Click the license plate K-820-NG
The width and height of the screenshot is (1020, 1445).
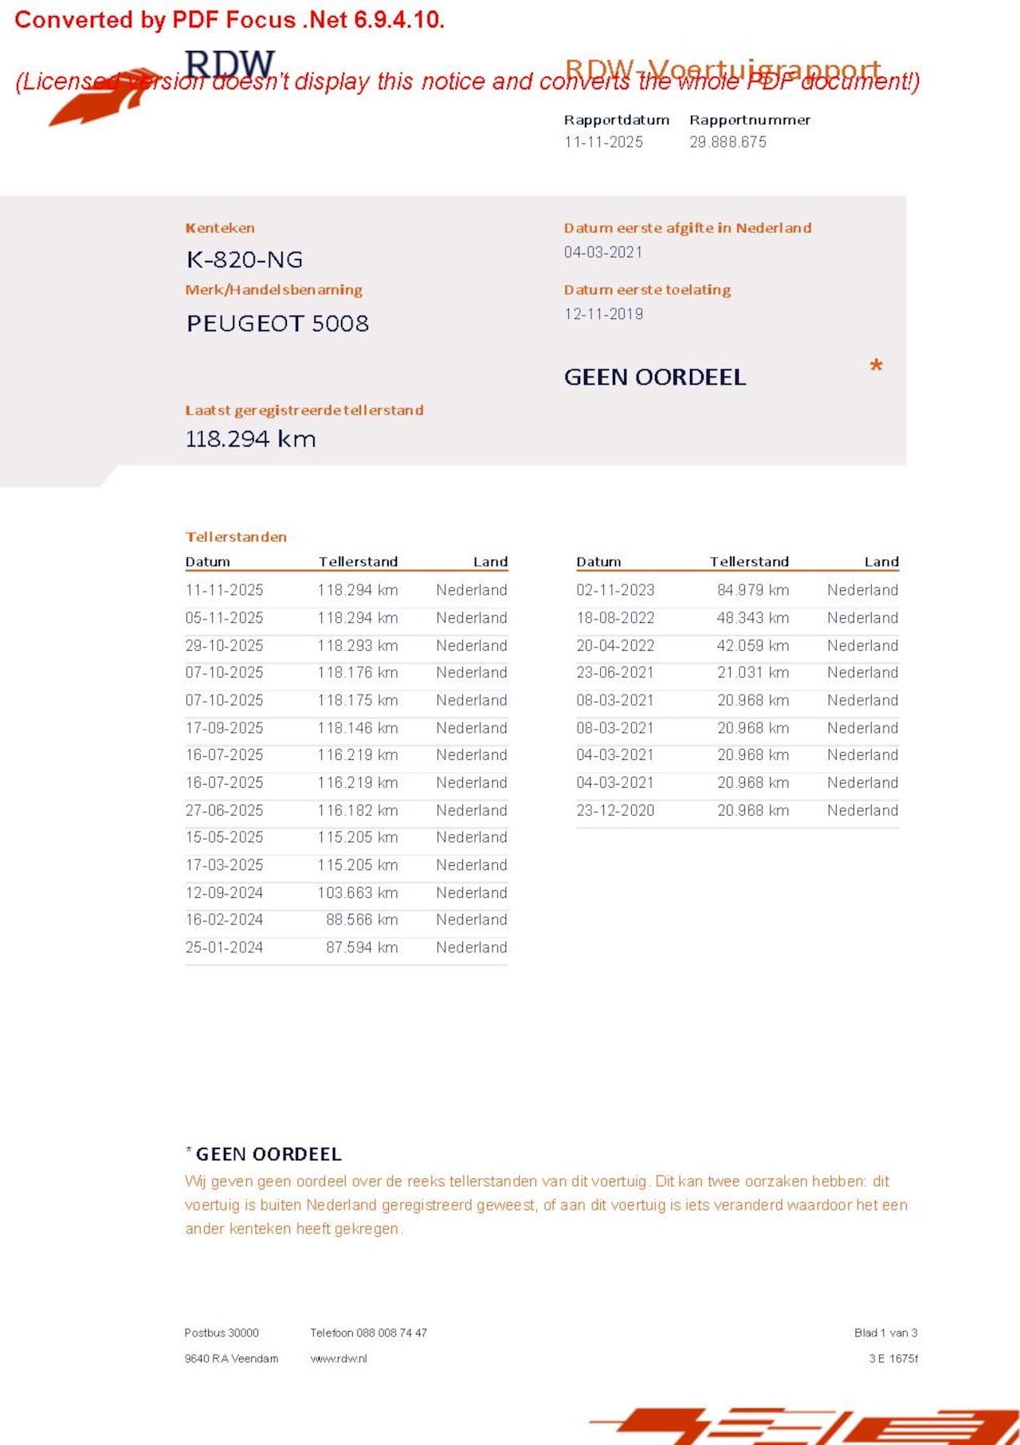[x=245, y=259]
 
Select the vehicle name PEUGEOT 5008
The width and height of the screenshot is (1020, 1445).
[x=277, y=323]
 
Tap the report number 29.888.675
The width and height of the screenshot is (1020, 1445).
[x=728, y=142]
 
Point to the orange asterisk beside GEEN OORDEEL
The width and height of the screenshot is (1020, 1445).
[x=876, y=367]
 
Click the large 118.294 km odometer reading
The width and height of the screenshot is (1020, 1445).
[x=250, y=439]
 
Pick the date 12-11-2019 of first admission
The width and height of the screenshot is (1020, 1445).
[x=603, y=313]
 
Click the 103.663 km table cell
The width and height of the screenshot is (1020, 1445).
[x=358, y=892]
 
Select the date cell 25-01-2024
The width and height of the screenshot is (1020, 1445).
[x=224, y=947]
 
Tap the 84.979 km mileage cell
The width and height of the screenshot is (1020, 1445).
[x=752, y=590]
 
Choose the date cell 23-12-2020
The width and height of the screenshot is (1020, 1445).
[x=615, y=810]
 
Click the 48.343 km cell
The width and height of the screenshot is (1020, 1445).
[x=752, y=618]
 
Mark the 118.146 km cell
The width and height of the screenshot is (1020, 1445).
[x=358, y=728]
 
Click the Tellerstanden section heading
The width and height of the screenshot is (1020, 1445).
[x=236, y=537]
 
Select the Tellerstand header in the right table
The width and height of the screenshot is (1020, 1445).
[x=749, y=561]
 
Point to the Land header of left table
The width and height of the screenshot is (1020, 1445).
[x=490, y=561]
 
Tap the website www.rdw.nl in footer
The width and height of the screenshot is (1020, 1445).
[x=339, y=1358]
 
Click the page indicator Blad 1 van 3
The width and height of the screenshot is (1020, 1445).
[x=885, y=1333]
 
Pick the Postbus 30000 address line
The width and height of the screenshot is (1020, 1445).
[x=222, y=1333]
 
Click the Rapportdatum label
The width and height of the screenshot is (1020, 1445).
[x=617, y=120]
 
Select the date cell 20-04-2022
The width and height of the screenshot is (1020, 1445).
[x=615, y=645]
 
